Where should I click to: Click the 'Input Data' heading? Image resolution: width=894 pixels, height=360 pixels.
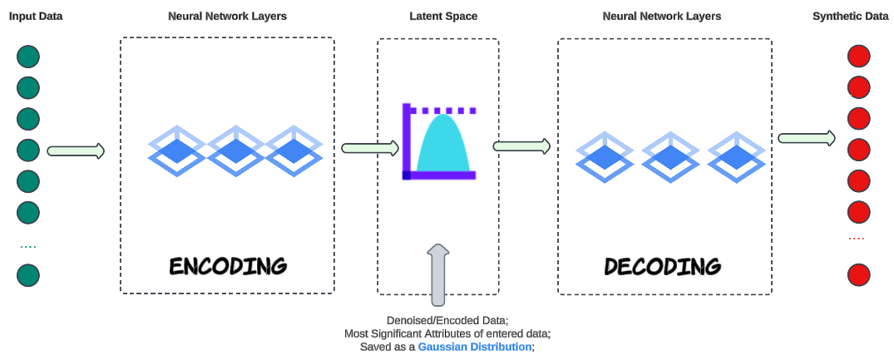tap(36, 16)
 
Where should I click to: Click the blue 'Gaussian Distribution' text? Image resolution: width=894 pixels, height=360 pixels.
tap(474, 347)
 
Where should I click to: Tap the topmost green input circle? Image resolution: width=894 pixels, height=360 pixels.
tap(28, 57)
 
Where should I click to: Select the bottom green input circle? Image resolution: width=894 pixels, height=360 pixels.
tap(28, 275)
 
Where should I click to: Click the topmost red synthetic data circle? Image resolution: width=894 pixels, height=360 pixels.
tap(858, 57)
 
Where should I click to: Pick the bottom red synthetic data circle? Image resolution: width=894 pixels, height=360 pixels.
tap(858, 274)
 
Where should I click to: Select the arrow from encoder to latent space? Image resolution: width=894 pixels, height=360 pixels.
tap(370, 148)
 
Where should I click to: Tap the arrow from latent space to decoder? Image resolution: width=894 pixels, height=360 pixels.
tap(522, 146)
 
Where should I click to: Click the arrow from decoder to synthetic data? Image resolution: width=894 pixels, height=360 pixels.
tap(807, 137)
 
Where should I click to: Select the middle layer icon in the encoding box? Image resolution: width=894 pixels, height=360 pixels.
tap(236, 150)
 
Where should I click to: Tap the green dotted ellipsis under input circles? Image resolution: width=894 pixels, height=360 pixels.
tap(28, 247)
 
